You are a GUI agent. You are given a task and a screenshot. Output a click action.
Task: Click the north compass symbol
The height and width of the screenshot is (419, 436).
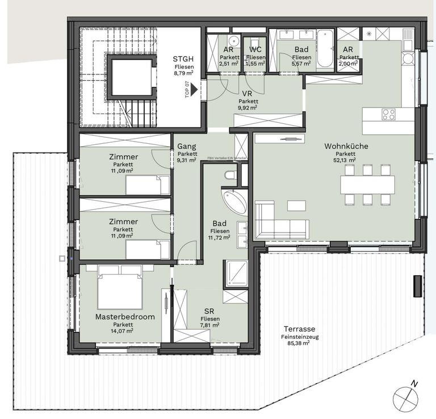405,395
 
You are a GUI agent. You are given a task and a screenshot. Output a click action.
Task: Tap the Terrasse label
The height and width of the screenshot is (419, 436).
300,329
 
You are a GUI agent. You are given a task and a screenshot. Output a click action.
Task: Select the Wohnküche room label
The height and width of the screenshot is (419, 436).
346,146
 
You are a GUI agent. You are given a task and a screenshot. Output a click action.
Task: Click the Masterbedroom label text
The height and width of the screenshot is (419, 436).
117,317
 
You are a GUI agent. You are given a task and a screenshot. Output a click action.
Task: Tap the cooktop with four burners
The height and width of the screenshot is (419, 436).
389,114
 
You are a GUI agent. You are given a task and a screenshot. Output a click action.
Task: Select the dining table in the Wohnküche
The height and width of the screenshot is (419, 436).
367,184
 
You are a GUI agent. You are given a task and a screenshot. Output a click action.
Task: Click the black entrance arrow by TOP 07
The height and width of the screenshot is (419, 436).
194,89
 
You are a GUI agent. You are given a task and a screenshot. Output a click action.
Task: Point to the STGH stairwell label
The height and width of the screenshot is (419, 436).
183,59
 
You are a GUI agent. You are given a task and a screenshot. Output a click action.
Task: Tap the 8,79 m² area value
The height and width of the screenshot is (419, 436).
183,73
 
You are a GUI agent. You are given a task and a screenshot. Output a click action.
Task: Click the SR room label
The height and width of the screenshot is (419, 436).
210,311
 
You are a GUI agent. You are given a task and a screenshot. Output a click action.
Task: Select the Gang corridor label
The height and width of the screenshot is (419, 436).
186,146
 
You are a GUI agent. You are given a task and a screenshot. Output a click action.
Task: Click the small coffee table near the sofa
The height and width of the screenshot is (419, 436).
296,205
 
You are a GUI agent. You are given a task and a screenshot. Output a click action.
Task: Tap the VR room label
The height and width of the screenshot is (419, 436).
248,93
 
